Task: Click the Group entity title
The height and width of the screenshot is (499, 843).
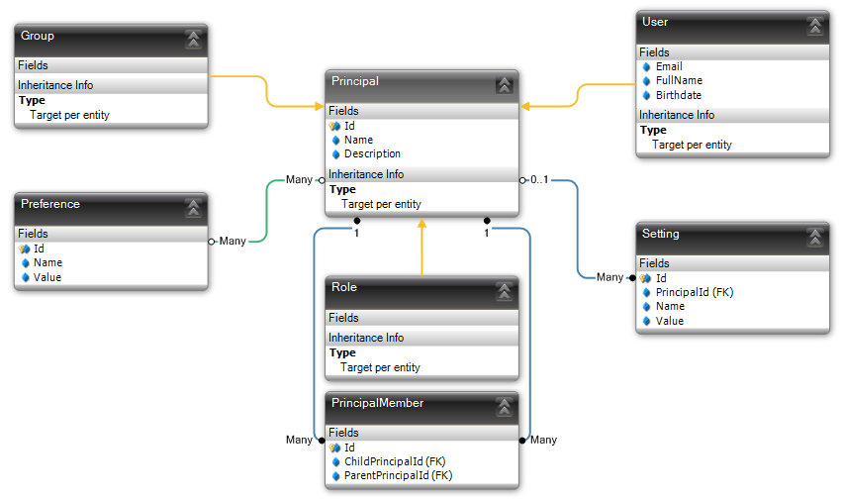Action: pyautogui.click(x=38, y=37)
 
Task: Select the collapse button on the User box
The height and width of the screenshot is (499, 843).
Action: pyautogui.click(x=814, y=26)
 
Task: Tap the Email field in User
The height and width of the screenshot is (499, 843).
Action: pyautogui.click(x=669, y=67)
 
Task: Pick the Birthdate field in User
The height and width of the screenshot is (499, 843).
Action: pyautogui.click(x=678, y=96)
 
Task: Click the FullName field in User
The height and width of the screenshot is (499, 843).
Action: pyautogui.click(x=679, y=81)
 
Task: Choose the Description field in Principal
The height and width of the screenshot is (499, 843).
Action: pyautogui.click(x=372, y=154)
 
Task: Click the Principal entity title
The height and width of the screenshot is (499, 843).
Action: pyautogui.click(x=355, y=82)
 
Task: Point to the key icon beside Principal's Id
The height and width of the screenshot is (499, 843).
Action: pyautogui.click(x=334, y=127)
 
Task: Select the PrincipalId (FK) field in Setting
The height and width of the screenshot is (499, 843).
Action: pyautogui.click(x=694, y=293)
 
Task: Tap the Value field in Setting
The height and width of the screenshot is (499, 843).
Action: pyautogui.click(x=669, y=322)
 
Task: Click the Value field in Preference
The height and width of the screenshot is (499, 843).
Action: pyautogui.click(x=47, y=278)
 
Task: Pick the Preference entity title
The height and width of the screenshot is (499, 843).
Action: pyautogui.click(x=50, y=205)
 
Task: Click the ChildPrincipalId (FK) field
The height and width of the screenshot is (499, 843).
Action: pyautogui.click(x=395, y=462)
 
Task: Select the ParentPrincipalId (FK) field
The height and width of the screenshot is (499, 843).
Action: pyautogui.click(x=398, y=476)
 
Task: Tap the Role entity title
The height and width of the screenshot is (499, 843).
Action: pyautogui.click(x=344, y=288)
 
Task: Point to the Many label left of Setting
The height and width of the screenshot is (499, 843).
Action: pyautogui.click(x=609, y=278)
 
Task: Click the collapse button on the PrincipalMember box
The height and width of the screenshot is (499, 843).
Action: pyautogui.click(x=504, y=405)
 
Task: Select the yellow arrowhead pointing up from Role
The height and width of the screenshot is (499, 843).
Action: pyautogui.click(x=421, y=225)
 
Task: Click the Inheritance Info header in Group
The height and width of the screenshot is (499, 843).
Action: pyautogui.click(x=55, y=86)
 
